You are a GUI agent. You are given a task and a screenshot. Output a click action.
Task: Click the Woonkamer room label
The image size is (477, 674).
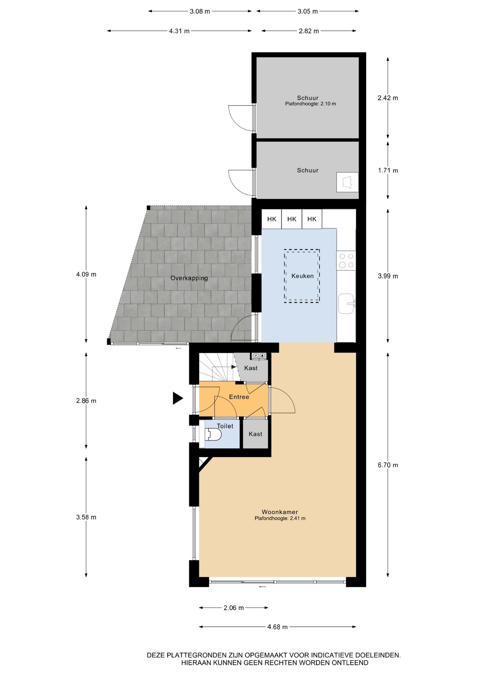coord(280,512)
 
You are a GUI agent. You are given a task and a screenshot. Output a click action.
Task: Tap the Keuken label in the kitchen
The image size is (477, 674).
coord(302,276)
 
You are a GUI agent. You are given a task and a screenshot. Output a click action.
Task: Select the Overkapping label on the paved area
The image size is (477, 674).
coord(189,278)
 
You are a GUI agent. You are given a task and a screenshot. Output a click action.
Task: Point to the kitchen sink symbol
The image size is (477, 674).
coord(346,303)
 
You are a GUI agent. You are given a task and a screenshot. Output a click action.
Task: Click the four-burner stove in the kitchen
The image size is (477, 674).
coord(346,260)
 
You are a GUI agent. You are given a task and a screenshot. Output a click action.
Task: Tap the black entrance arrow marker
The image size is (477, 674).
coord(178,398)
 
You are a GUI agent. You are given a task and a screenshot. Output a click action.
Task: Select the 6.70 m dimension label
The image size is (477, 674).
coord(388,465)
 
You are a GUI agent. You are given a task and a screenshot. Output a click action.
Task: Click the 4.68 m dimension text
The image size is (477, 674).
coord(277,627)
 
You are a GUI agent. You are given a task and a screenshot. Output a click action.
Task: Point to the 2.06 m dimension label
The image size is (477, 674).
coord(234,608)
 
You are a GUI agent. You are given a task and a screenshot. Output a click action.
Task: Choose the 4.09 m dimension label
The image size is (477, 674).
coord(86,274)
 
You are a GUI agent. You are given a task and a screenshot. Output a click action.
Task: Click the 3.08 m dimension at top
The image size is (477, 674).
coord(200,11)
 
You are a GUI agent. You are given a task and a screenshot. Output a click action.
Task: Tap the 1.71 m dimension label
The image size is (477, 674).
coord(388,171)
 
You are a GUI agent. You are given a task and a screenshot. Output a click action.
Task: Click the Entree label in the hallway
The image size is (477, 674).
coord(239,397)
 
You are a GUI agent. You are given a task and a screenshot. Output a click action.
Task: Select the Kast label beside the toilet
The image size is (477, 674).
coord(255,434)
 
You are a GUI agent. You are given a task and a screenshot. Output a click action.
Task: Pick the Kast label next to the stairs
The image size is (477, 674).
coord(251,368)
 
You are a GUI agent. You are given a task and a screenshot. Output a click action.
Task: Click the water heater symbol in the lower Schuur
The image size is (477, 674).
coord(347,182)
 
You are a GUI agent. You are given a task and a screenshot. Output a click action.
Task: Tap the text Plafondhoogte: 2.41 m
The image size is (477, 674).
coord(280,518)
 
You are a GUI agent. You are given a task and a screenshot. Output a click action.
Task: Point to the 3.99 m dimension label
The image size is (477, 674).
coord(388,276)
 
